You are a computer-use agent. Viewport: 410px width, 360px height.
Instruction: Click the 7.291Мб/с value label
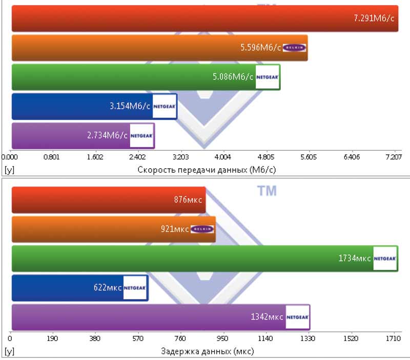[374, 18]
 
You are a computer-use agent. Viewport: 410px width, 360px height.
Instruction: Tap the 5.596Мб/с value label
[260, 48]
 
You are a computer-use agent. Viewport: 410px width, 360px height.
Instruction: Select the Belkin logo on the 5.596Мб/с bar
[294, 48]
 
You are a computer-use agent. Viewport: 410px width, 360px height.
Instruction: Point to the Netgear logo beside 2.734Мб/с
[141, 135]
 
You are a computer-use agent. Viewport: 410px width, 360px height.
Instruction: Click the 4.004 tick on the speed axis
[223, 157]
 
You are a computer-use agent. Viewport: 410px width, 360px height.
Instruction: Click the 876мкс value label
[188, 200]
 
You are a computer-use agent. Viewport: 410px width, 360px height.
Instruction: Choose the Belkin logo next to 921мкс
[201, 229]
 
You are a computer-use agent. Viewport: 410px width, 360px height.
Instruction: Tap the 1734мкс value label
[354, 258]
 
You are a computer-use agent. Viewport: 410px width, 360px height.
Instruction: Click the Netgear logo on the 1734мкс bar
[385, 258]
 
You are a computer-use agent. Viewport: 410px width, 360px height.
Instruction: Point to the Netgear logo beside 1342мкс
[297, 317]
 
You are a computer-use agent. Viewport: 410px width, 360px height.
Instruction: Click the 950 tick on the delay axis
[223, 338]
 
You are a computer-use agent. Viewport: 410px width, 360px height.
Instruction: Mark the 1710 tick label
[393, 338]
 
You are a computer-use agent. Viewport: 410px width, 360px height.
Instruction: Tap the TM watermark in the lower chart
[266, 191]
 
